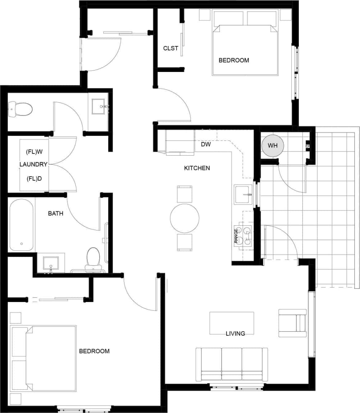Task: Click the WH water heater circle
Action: click(x=272, y=146)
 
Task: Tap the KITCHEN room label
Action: click(x=197, y=168)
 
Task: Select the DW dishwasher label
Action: click(x=206, y=144)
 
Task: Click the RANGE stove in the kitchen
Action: click(x=243, y=236)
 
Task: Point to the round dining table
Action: click(x=184, y=218)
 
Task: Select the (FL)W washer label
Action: click(x=34, y=152)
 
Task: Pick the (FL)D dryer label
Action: click(x=34, y=178)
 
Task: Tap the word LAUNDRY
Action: click(x=33, y=165)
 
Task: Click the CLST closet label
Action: click(x=170, y=48)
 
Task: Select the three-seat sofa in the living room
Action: click(x=232, y=364)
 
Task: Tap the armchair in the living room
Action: click(x=292, y=323)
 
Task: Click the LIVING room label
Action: click(x=235, y=334)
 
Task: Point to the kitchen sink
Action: click(x=243, y=194)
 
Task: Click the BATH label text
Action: click(x=55, y=214)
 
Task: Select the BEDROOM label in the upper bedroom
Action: click(x=233, y=60)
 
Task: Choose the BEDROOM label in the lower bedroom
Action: click(x=94, y=351)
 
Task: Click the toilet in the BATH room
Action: click(x=93, y=258)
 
